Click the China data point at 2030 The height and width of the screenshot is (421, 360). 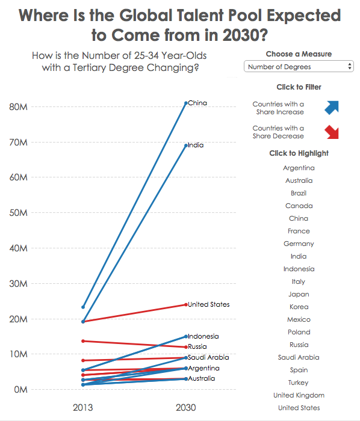tap(185, 103)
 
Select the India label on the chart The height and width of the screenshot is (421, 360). tap(196, 146)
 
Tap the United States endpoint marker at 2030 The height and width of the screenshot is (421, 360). tap(185, 304)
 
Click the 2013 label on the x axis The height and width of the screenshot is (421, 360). tap(82, 408)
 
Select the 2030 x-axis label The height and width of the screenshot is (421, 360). tap(185, 408)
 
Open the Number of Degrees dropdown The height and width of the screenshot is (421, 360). tap(299, 67)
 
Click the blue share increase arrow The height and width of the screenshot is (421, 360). tap(332, 108)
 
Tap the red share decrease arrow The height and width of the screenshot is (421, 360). tap(332, 132)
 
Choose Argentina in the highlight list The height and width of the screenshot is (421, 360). tap(299, 168)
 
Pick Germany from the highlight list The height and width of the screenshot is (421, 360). tap(299, 244)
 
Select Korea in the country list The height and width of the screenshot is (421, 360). tap(299, 307)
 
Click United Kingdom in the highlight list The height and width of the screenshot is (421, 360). tap(299, 395)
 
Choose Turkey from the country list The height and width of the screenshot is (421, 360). tap(299, 383)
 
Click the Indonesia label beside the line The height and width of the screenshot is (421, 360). tap(203, 336)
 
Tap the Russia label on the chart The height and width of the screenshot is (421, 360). tap(197, 346)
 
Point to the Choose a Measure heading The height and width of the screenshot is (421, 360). tap(299, 54)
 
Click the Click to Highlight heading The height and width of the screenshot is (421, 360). tap(299, 153)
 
